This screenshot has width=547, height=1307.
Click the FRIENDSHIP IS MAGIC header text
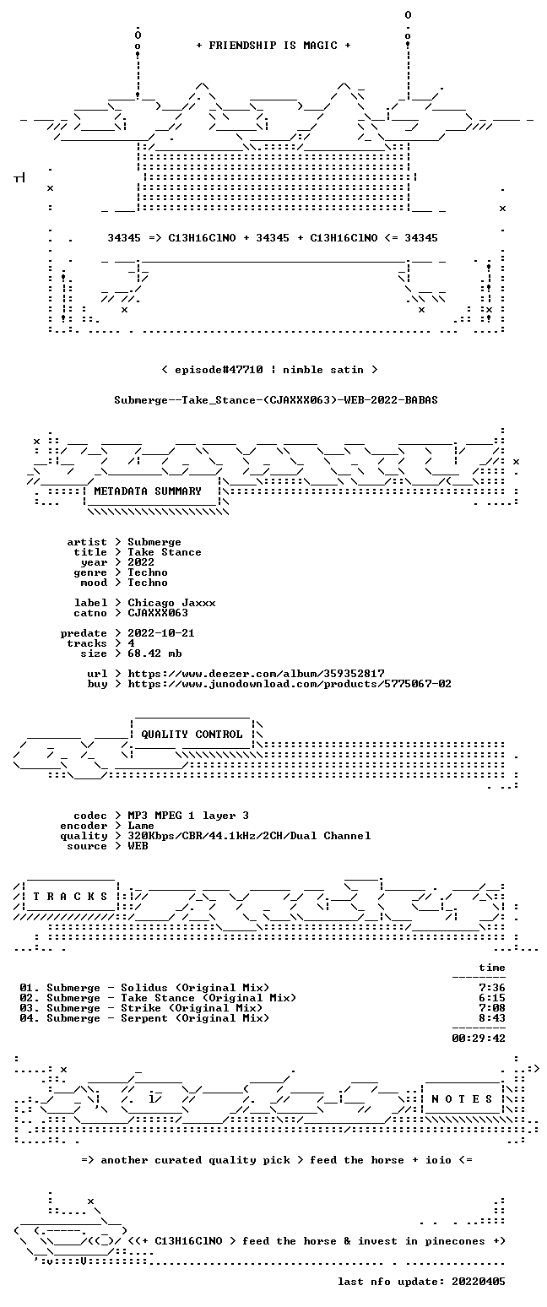pyautogui.click(x=273, y=46)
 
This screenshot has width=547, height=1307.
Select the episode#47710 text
pyautogui.click(x=219, y=370)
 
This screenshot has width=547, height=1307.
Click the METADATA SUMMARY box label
pyautogui.click(x=148, y=491)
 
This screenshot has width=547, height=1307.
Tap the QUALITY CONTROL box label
pyautogui.click(x=192, y=735)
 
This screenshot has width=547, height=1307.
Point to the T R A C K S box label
pyautogui.click(x=70, y=896)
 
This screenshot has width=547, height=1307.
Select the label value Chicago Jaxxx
pyautogui.click(x=171, y=603)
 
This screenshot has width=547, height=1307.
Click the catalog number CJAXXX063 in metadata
pyautogui.click(x=158, y=613)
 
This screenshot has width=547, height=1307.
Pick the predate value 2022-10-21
pyautogui.click(x=161, y=633)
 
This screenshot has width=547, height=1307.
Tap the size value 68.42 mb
pyautogui.click(x=154, y=653)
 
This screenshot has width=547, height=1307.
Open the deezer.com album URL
pyautogui.click(x=256, y=673)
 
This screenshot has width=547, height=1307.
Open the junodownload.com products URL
pyautogui.click(x=290, y=684)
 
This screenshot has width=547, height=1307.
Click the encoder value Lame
pyautogui.click(x=141, y=826)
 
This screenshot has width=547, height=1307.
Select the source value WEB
pyautogui.click(x=138, y=846)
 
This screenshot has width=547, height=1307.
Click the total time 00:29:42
pyautogui.click(x=478, y=1039)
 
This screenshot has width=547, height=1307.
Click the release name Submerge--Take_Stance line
pyautogui.click(x=276, y=400)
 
